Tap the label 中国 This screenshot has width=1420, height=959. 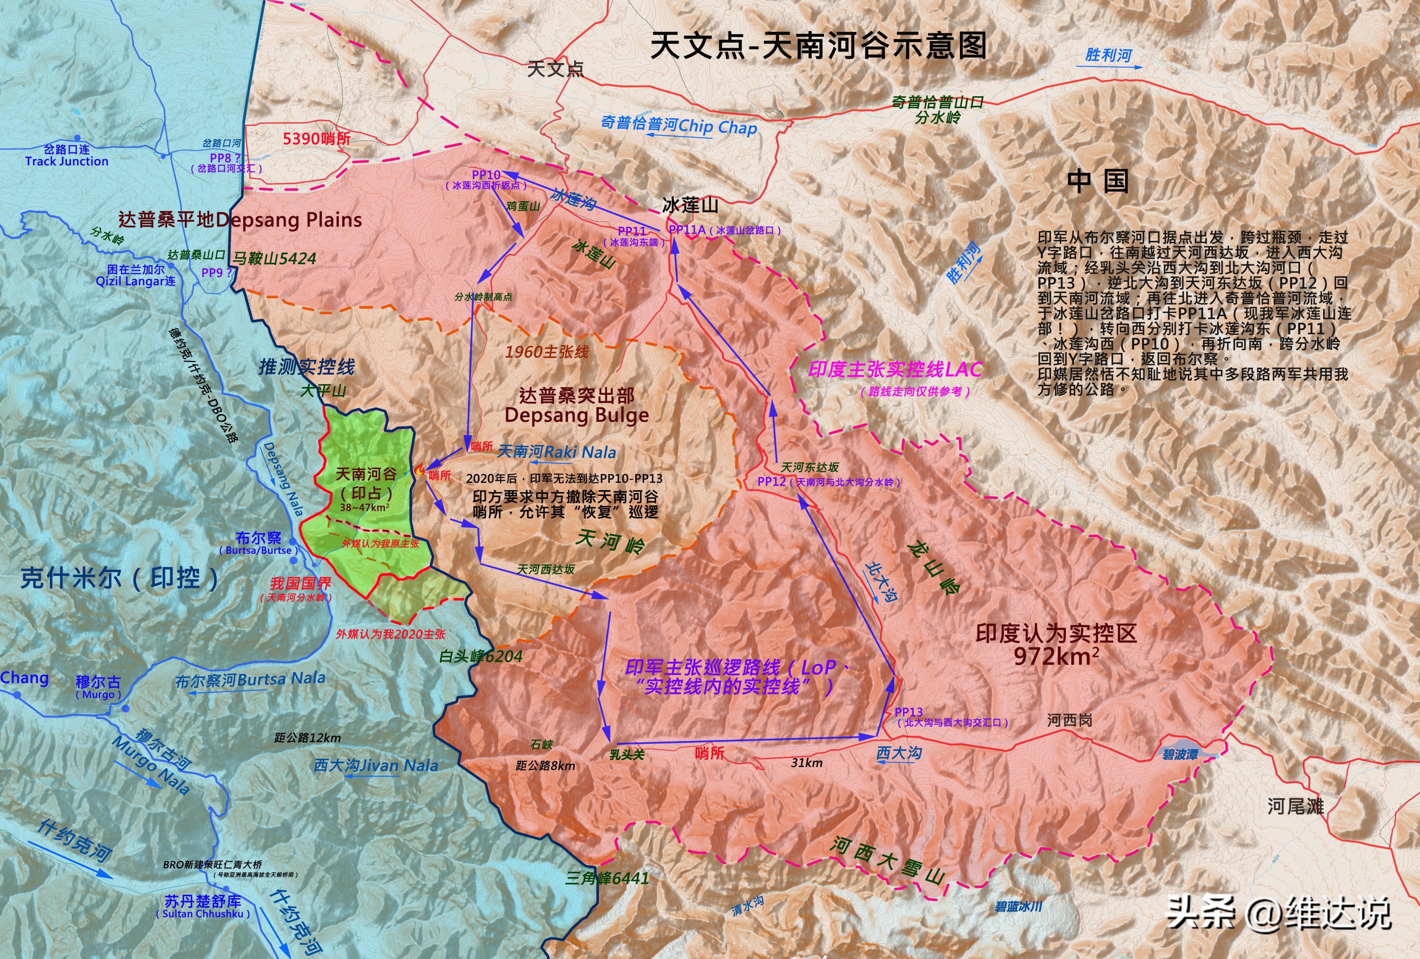click(1098, 182)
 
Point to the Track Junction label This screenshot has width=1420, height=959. click(67, 162)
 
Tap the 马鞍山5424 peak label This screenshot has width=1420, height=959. click(274, 258)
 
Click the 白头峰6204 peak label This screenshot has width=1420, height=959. click(481, 657)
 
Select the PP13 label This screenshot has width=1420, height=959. click(909, 712)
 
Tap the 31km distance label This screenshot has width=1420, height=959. click(806, 763)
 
